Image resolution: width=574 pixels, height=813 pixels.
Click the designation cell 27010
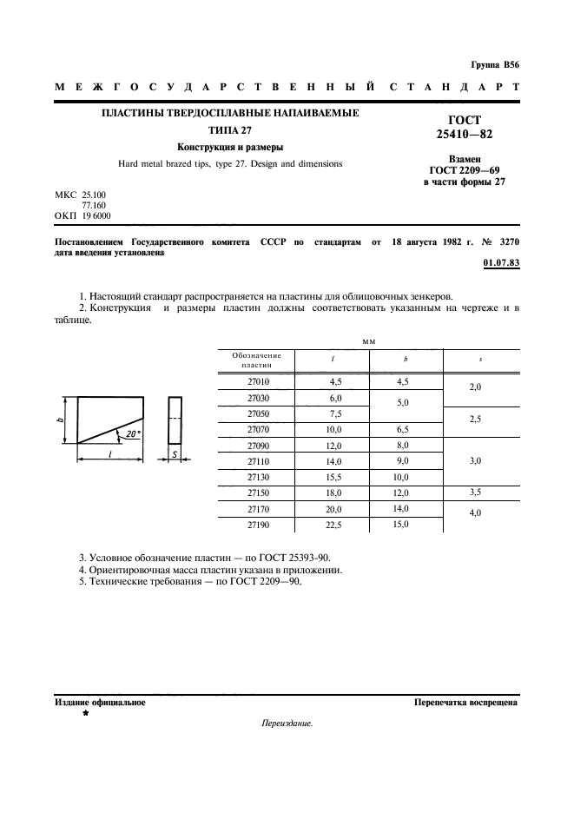(259, 380)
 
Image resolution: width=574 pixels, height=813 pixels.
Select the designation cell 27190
(259, 525)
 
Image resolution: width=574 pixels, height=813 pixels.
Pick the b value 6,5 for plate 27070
(401, 429)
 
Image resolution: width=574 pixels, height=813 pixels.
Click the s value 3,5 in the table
(475, 492)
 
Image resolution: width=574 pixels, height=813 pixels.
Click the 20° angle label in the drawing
(133, 433)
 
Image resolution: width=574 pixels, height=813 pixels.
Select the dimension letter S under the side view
(175, 454)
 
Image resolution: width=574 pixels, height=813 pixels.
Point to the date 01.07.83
(500, 263)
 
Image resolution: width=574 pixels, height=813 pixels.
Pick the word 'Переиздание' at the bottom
(286, 724)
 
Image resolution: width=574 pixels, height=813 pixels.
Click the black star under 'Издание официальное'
(85, 713)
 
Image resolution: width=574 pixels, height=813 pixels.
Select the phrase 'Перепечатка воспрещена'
(466, 702)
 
